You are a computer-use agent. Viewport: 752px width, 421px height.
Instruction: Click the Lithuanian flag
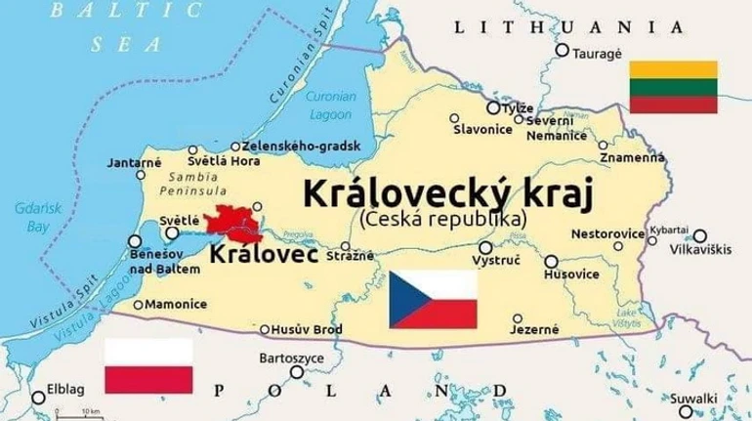tap(673, 85)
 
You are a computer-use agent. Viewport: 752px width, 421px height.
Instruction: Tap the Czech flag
tap(434, 299)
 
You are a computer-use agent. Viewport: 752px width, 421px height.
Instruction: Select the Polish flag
tap(148, 365)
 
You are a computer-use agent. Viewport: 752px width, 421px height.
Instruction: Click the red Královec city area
tap(231, 223)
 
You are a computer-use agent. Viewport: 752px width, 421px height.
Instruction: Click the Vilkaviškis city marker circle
tap(699, 235)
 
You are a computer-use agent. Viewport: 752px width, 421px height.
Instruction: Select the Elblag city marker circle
tap(38, 398)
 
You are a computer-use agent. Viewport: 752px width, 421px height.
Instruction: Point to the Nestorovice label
tap(606, 234)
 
